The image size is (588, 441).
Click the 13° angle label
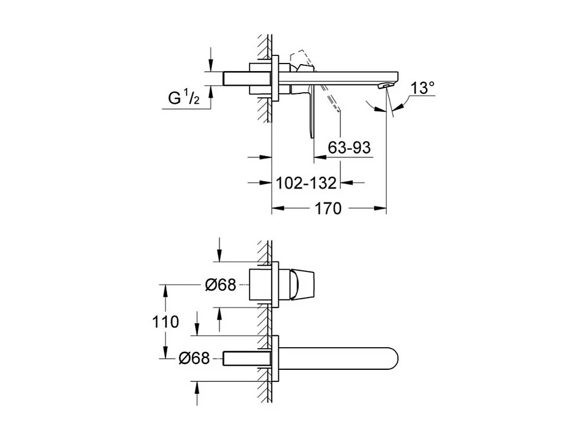pyautogui.click(x=422, y=89)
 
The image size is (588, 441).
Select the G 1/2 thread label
pyautogui.click(x=184, y=98)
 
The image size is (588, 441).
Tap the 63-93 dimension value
pyautogui.click(x=349, y=148)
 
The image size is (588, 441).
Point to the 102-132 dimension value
pyautogui.click(x=306, y=183)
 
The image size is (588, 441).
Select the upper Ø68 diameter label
pyautogui.click(x=220, y=285)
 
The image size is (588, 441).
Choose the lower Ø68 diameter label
pyautogui.click(x=193, y=359)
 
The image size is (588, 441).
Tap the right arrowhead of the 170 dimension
pyautogui.click(x=381, y=208)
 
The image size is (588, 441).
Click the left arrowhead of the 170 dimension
pyautogui.click(x=278, y=208)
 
